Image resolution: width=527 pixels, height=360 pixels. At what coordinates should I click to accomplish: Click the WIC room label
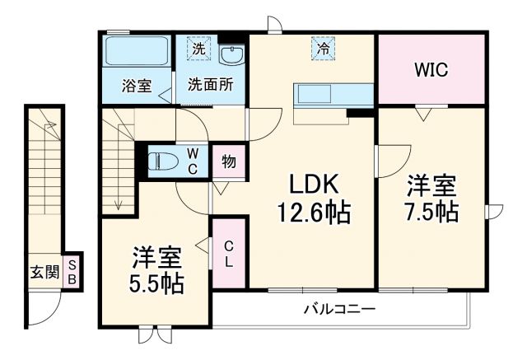point(430,70)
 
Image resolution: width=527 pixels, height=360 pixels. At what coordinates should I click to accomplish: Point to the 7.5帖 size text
point(431,211)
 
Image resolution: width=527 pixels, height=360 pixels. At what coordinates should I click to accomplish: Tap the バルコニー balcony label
point(338,310)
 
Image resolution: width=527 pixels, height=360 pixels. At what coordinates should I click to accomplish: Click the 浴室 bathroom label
point(136,85)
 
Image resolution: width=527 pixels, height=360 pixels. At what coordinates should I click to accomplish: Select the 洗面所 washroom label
point(210,85)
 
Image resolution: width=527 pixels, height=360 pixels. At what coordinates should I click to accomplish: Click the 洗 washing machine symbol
point(198,49)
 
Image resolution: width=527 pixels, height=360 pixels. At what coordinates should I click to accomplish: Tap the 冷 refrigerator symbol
point(325,49)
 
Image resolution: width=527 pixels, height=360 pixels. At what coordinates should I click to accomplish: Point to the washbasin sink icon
point(231,54)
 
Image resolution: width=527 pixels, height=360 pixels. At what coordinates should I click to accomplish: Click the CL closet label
point(229,253)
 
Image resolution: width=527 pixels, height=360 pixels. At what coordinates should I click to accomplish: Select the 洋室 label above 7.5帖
point(431,184)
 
